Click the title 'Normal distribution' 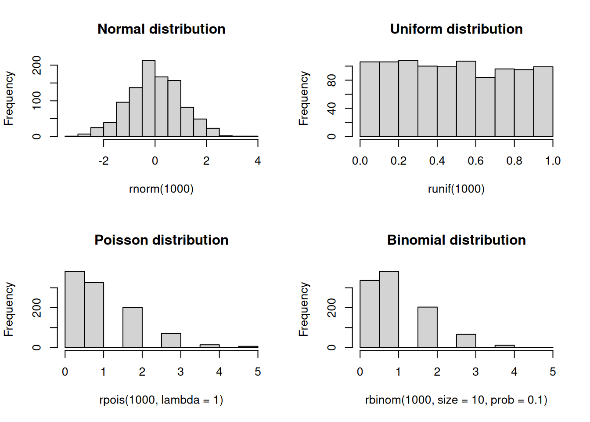(x=161, y=29)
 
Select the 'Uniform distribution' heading (x=456, y=29)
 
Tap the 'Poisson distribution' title (x=161, y=240)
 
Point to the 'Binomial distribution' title (x=456, y=240)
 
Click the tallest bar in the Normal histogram (x=148, y=99)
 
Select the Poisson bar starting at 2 (x=133, y=327)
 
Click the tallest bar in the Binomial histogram (x=389, y=309)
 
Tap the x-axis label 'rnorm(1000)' (x=161, y=189)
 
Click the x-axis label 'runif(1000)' (x=456, y=189)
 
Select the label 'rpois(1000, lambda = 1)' (x=161, y=400)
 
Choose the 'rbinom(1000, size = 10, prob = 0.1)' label (x=456, y=400)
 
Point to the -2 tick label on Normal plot (x=103, y=161)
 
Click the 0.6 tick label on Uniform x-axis (x=475, y=161)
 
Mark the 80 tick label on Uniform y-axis (x=332, y=80)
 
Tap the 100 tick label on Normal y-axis (x=37, y=101)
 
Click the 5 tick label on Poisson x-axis (x=258, y=372)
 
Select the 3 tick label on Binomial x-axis (x=475, y=372)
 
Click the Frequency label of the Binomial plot (x=303, y=309)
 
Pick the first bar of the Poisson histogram (x=75, y=309)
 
